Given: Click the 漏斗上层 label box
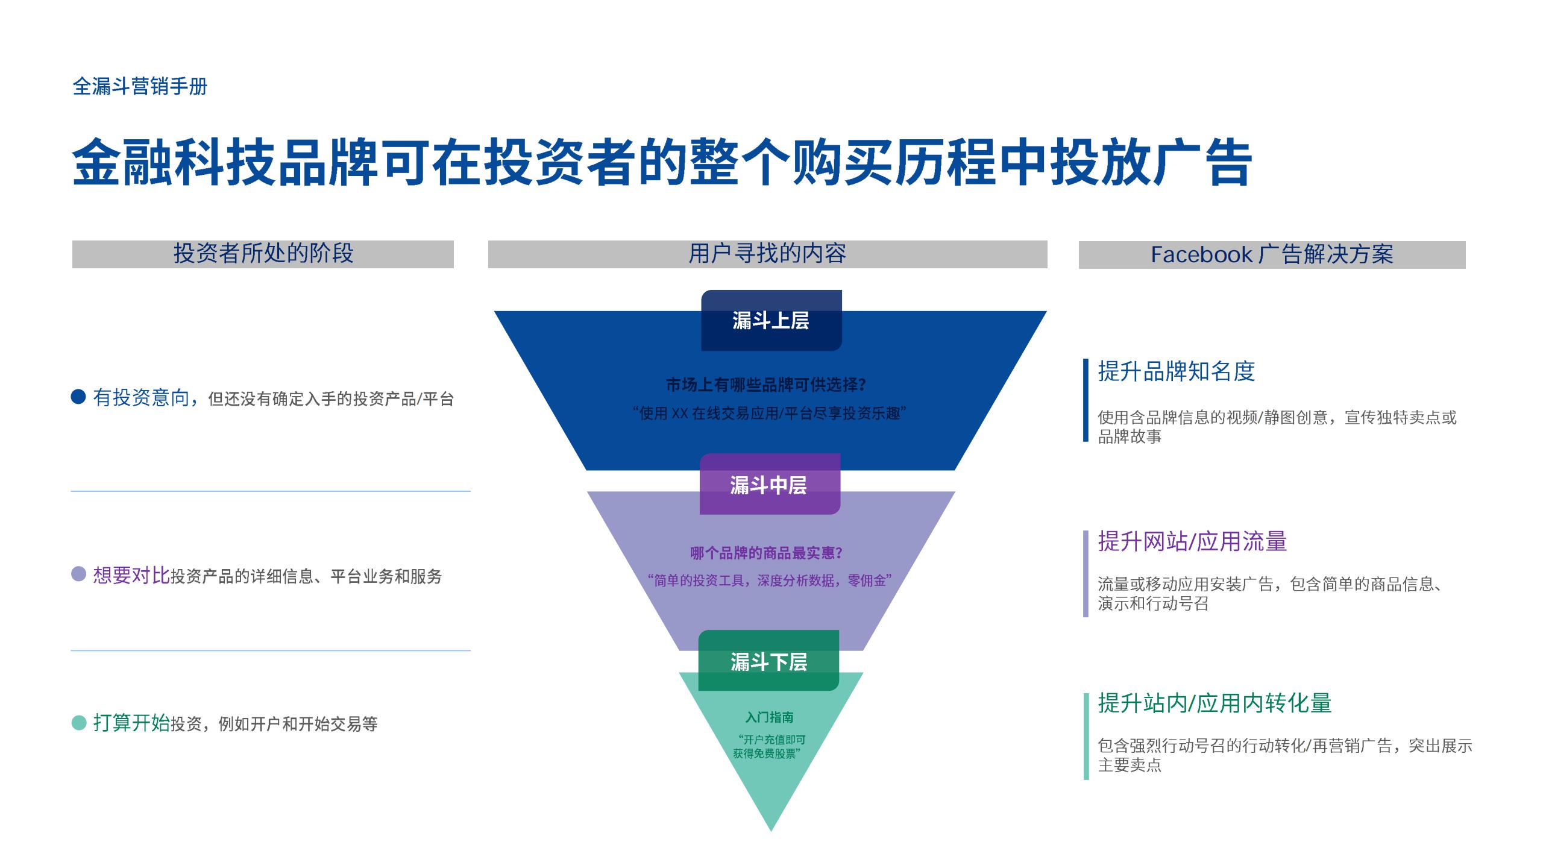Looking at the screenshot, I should click(771, 320).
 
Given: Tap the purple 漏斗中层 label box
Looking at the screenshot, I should click(769, 484).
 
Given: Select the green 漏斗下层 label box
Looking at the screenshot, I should click(768, 661).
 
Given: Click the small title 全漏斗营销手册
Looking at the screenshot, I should click(140, 86).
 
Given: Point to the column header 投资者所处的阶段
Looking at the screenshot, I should click(263, 254).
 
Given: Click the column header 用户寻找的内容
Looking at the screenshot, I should click(767, 254).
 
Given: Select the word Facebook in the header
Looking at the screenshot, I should click(1201, 254).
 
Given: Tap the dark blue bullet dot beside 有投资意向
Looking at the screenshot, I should click(78, 397).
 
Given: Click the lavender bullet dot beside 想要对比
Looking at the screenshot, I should click(78, 574).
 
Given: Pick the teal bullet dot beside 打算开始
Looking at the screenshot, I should click(78, 722).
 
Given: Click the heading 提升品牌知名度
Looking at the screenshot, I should click(1176, 371).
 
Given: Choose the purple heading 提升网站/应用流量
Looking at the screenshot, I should click(1192, 541).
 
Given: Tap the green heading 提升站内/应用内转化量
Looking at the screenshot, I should click(1214, 703).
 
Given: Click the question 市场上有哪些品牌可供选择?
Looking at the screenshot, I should click(766, 385).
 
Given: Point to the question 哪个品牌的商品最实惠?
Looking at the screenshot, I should click(766, 553).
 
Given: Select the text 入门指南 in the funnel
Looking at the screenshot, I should click(769, 717).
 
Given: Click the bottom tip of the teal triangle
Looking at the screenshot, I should click(771, 829).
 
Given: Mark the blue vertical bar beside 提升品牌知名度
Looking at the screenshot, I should click(1086, 400).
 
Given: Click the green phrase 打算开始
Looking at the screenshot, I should click(131, 723).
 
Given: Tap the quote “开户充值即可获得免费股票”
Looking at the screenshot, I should click(768, 746).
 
